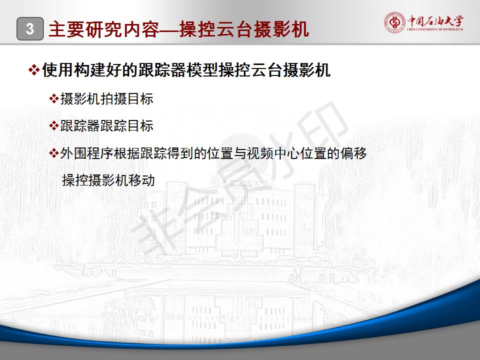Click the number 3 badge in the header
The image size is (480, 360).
30,29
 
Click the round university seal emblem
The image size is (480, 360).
394,22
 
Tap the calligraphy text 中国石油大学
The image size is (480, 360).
435,21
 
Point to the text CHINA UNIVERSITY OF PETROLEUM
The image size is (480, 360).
435,29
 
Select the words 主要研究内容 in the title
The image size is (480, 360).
104,29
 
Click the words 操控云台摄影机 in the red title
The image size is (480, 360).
244,29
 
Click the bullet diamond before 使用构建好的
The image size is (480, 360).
33,70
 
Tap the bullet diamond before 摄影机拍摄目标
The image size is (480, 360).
54,98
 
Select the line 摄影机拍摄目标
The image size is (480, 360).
107,99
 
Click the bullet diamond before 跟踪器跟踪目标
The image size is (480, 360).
54,125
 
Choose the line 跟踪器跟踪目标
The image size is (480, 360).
107,126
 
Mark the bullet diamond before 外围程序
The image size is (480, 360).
54,153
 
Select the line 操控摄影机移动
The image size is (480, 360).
108,180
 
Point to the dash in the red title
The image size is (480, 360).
169,29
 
